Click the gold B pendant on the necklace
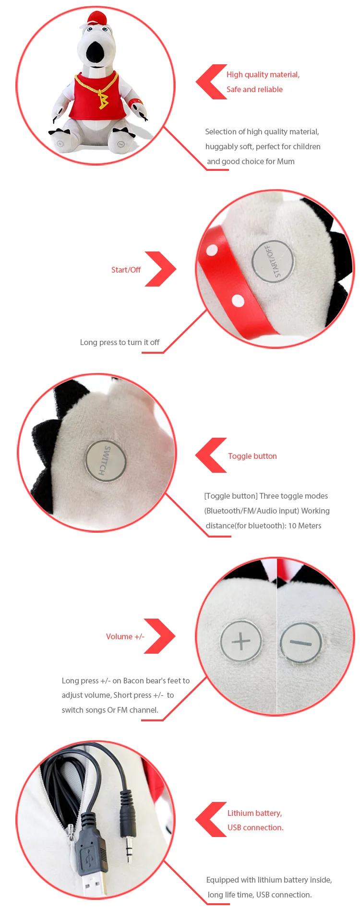click(x=103, y=100)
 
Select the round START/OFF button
click(x=273, y=261)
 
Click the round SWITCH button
click(x=106, y=460)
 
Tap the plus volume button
click(x=241, y=641)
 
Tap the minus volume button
click(x=301, y=643)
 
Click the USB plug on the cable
click(x=91, y=859)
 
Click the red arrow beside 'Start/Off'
click(x=161, y=269)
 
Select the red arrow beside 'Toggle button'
click(x=210, y=455)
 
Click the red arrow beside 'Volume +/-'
click(x=160, y=636)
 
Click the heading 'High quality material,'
click(x=263, y=74)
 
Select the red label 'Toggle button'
click(x=252, y=456)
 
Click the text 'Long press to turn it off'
click(x=120, y=342)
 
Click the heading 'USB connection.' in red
click(x=255, y=827)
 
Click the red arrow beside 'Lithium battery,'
click(x=210, y=819)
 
